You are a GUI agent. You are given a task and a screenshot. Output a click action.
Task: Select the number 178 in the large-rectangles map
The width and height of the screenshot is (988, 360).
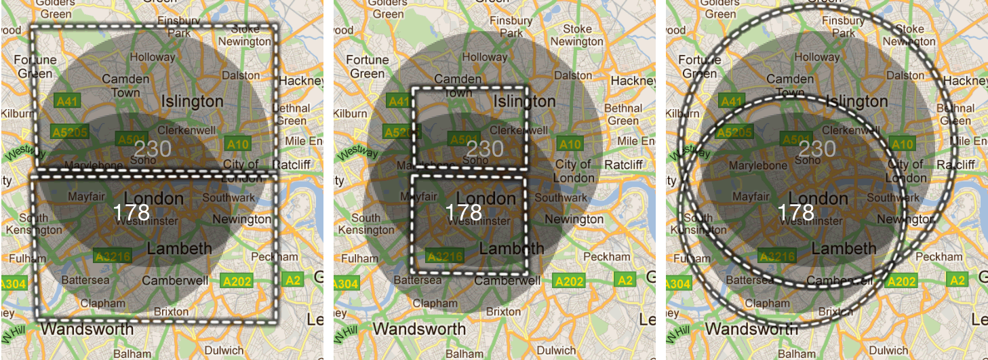tap(132, 212)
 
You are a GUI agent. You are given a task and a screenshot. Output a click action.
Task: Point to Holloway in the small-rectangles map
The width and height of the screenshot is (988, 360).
tap(484, 58)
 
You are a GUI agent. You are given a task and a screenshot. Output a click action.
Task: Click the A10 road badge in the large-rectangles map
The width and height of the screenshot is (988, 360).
tap(238, 144)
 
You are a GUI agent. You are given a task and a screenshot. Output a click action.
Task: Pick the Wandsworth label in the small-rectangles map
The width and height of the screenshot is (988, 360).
tap(420, 329)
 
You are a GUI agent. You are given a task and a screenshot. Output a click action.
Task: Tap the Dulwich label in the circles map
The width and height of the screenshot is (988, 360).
tap(888, 351)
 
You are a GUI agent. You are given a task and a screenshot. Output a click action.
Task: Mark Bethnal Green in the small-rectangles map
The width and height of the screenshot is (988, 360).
tap(623, 115)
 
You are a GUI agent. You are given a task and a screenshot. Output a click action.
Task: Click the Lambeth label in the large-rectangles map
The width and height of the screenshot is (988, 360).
tap(180, 249)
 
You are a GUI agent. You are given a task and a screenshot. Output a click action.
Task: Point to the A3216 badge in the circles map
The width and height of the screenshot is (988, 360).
tap(777, 256)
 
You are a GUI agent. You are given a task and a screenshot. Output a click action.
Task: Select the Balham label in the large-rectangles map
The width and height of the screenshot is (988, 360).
tap(132, 354)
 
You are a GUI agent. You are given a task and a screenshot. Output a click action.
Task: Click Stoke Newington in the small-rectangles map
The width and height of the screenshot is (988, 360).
tap(576, 35)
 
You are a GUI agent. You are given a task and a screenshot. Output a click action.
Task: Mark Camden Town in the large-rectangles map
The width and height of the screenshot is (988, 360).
tap(125, 86)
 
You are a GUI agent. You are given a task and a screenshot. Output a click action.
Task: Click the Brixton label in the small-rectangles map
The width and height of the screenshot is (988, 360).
tap(503, 312)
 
